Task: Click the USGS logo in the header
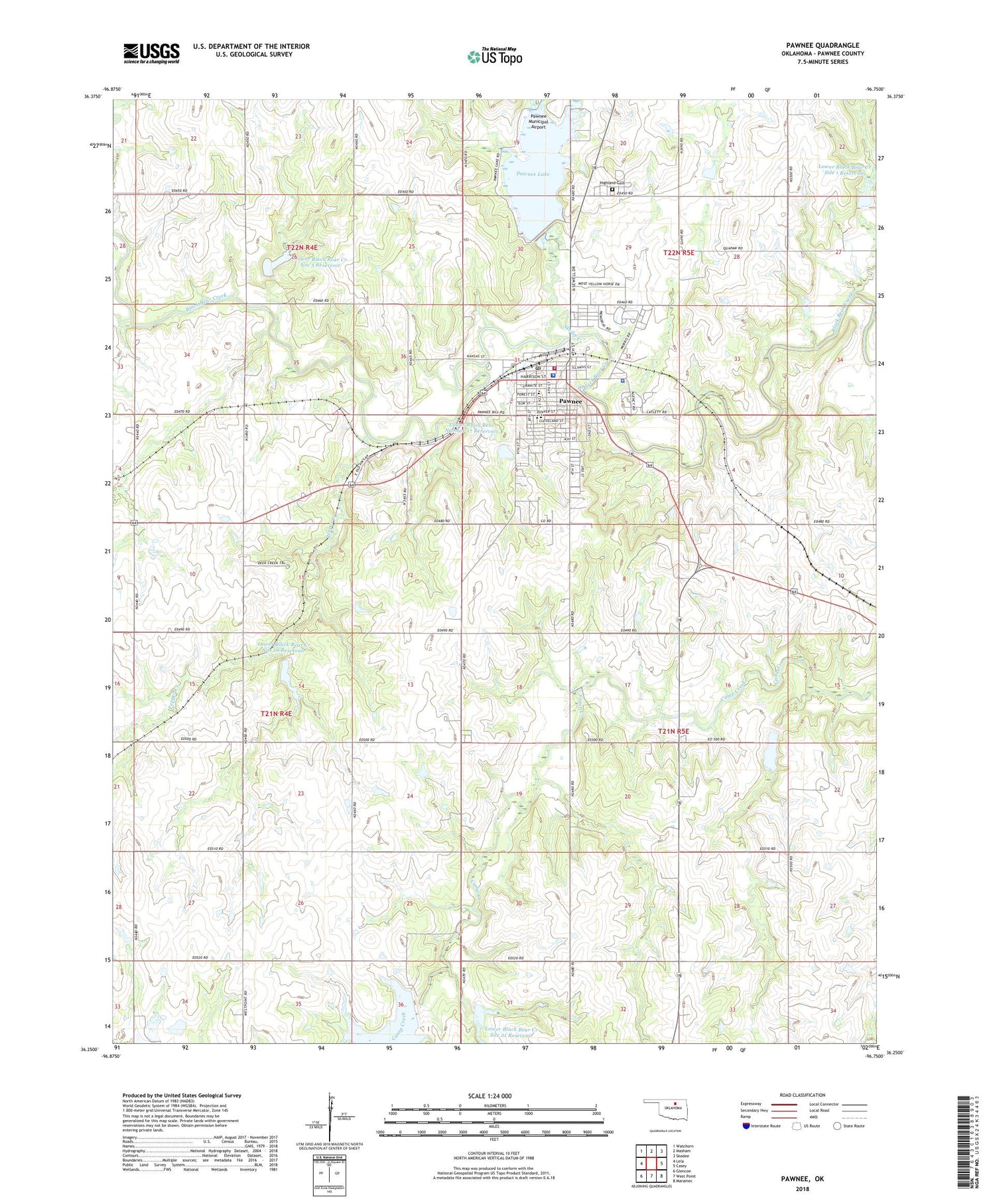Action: (151, 52)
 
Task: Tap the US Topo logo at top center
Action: (494, 56)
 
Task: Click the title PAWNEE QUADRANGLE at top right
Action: (823, 45)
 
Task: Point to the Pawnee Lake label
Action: (533, 174)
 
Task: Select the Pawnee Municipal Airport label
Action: (538, 121)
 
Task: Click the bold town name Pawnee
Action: (570, 401)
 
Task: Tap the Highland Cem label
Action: (612, 183)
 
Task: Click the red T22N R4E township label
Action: (302, 248)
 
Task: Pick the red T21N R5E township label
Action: (673, 731)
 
